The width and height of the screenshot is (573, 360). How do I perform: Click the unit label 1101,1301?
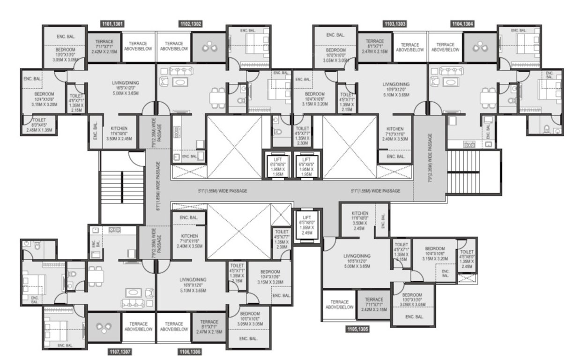click(x=112, y=23)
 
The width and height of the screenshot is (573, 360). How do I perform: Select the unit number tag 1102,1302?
click(x=191, y=23)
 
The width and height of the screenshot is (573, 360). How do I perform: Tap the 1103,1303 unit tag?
click(x=394, y=23)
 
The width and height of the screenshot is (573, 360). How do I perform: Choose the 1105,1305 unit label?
click(x=357, y=329)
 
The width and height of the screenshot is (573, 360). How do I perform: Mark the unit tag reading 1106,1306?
click(x=190, y=351)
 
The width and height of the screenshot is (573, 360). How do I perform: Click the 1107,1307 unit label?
click(x=113, y=351)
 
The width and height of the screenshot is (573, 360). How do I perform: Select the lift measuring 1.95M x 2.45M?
click(x=306, y=225)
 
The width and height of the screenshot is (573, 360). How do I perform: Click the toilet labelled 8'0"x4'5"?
click(x=38, y=125)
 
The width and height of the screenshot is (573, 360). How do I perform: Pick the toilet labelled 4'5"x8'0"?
click(x=467, y=255)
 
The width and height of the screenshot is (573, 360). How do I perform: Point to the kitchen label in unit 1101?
click(x=119, y=133)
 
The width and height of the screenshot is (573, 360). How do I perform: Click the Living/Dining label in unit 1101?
click(x=124, y=89)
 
